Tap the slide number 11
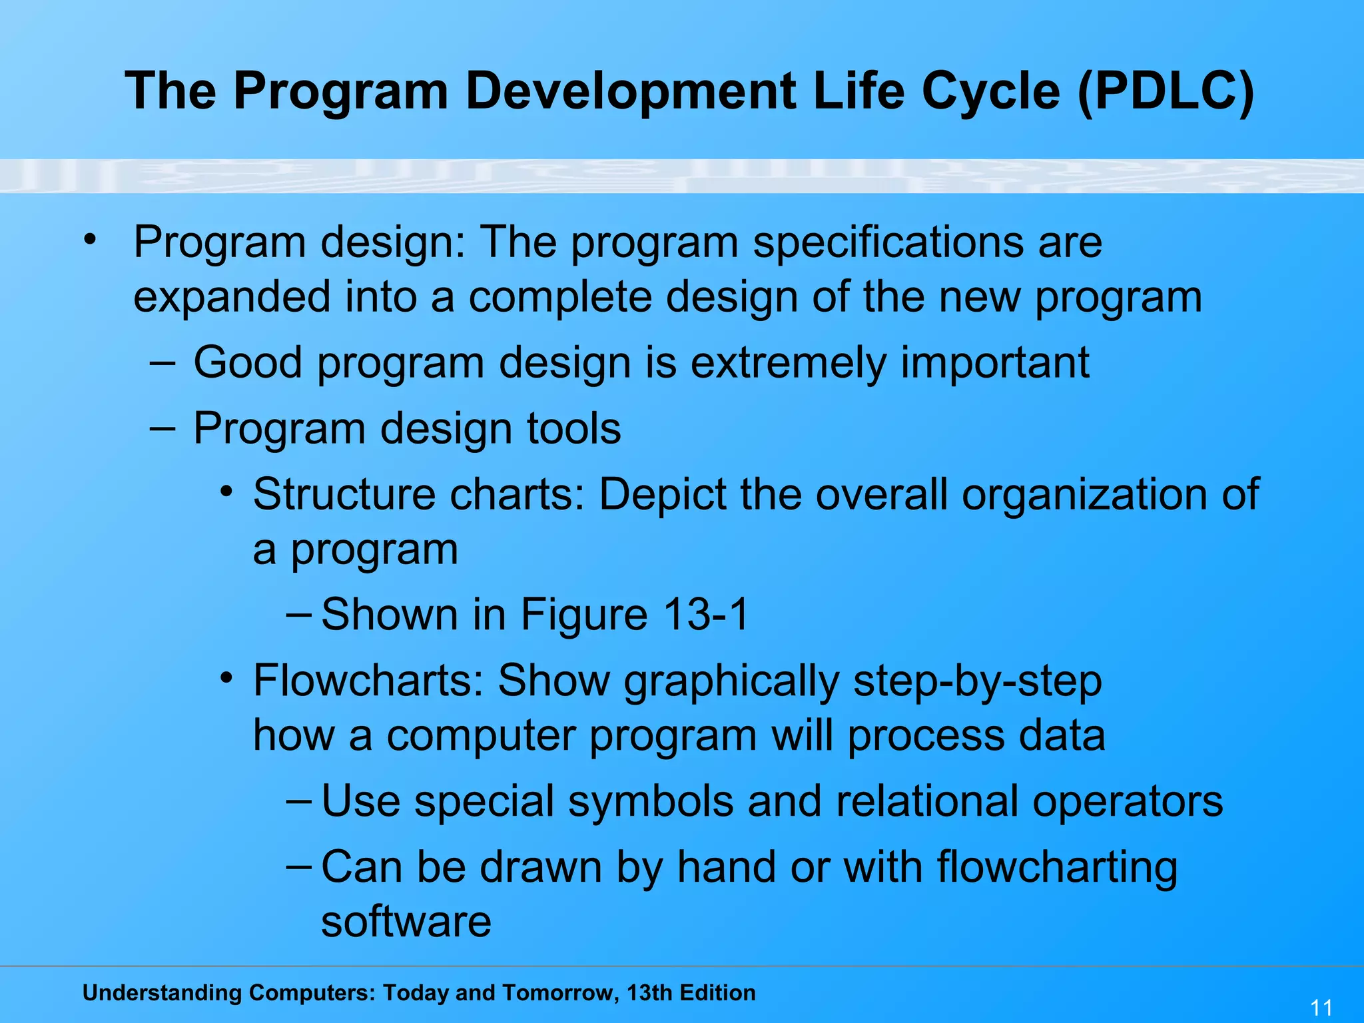[x=1321, y=1007]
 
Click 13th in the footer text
[x=649, y=992]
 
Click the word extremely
[x=788, y=363]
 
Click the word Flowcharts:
[x=368, y=681]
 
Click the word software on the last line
[x=406, y=921]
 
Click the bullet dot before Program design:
[x=90, y=238]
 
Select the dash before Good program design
[x=163, y=363]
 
